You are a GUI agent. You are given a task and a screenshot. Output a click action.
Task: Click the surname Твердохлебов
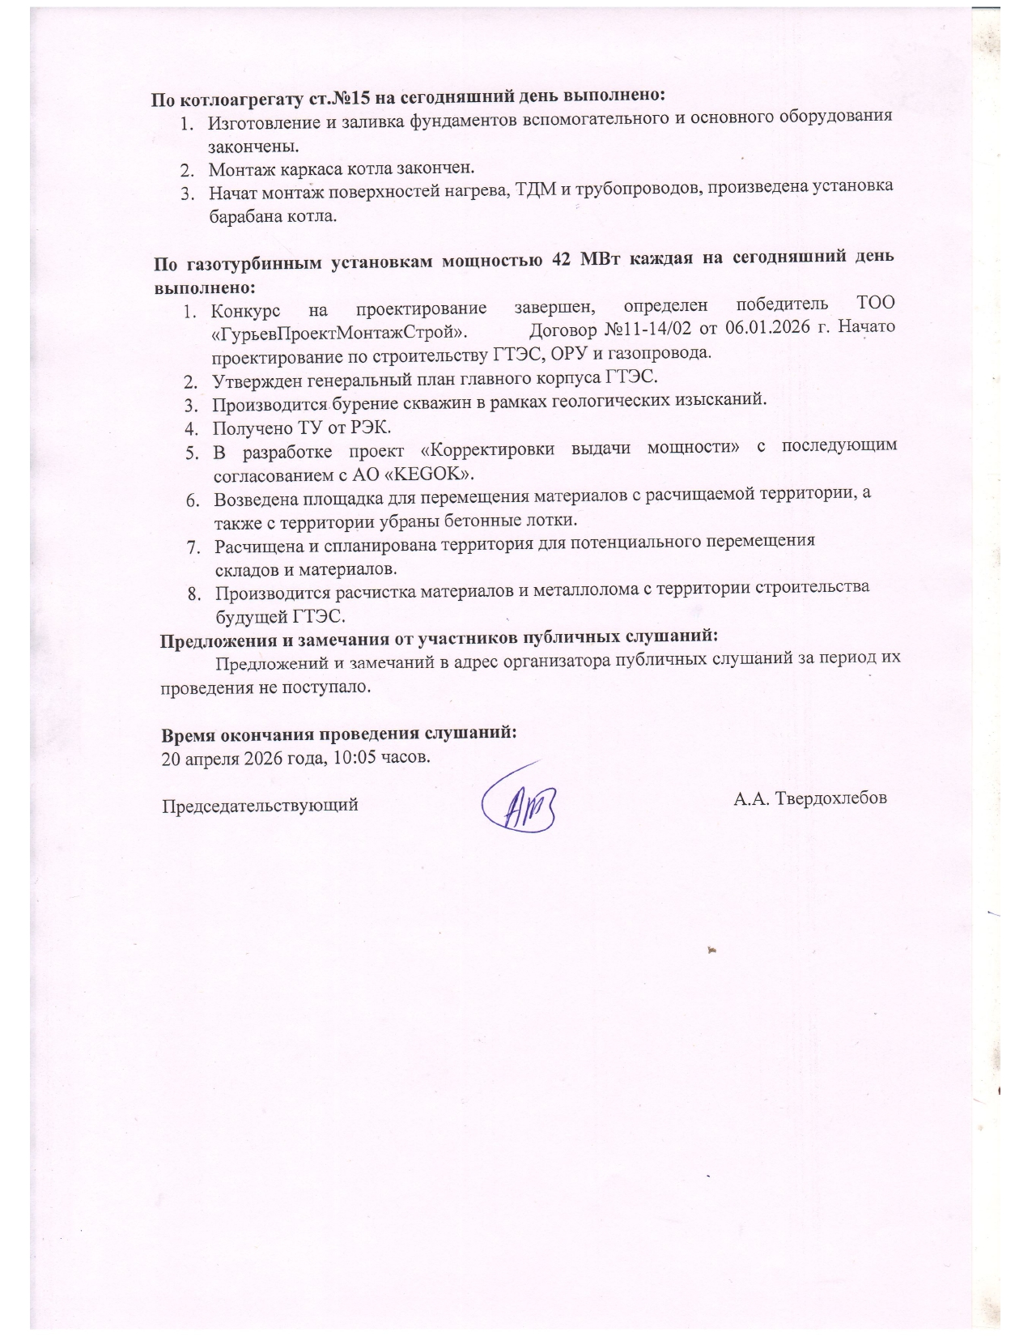[830, 798]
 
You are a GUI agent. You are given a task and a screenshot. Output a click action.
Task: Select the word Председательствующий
[261, 806]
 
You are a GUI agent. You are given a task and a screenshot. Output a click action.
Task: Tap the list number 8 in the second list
[194, 594]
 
